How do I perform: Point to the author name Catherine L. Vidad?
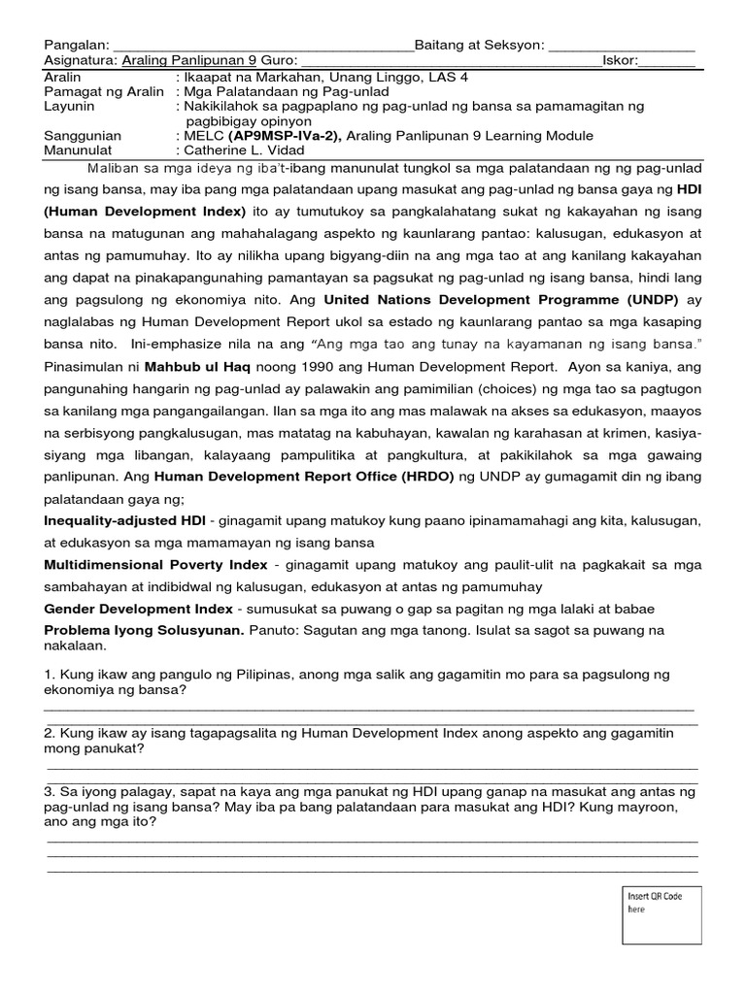[247, 150]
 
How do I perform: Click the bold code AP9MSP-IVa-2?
[284, 136]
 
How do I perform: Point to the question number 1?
[50, 674]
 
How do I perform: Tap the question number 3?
[50, 790]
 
